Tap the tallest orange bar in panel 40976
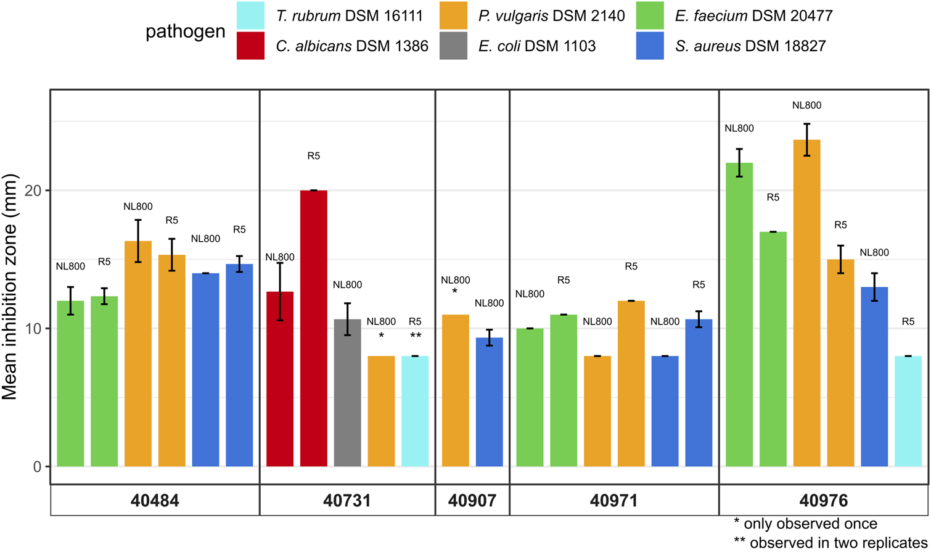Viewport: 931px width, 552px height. (806, 303)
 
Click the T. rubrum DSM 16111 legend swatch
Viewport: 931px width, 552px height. (250, 15)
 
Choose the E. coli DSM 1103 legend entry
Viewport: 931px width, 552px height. (518, 46)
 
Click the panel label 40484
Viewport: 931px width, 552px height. (155, 500)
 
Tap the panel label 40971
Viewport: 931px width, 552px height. (614, 500)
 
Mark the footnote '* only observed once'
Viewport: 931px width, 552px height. (805, 524)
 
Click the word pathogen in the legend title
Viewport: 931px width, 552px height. (185, 31)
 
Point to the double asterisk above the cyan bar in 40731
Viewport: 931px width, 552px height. (415, 336)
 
